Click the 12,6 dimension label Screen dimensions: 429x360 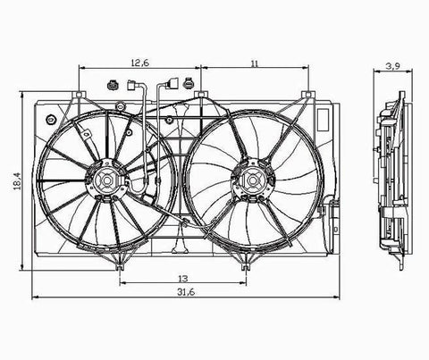[140, 63]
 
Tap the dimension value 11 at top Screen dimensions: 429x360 [255, 63]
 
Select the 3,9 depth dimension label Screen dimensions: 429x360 [393, 66]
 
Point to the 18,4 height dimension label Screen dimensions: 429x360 [17, 181]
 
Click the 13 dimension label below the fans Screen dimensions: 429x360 [183, 279]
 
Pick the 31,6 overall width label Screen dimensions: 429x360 [186, 292]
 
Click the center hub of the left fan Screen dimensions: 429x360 [106, 180]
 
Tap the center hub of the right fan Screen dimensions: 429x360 [253, 180]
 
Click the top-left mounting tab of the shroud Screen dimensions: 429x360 [79, 95]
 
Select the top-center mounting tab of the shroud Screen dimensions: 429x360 [201, 95]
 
